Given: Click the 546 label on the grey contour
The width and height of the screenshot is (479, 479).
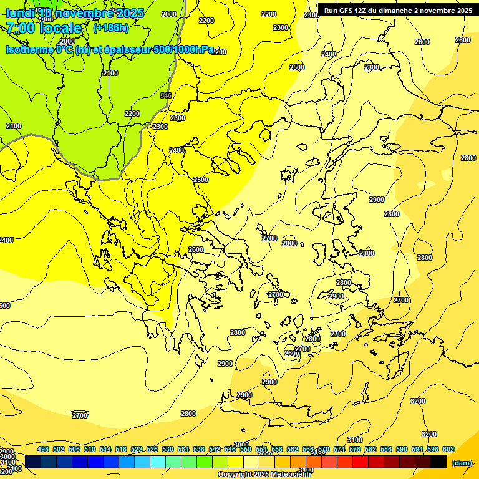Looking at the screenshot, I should [x=166, y=95].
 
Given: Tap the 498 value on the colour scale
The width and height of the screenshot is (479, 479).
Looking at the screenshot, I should [x=43, y=449].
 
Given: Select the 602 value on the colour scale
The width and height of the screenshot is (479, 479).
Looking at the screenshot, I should [x=448, y=449].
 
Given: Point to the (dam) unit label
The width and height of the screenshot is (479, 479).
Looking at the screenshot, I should [x=462, y=463].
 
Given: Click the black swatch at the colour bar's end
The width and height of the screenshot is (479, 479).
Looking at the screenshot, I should [x=438, y=462].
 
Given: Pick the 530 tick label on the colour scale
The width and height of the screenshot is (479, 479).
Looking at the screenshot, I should [x=168, y=449].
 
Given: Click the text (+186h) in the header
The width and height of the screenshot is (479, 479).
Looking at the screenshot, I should [x=110, y=28].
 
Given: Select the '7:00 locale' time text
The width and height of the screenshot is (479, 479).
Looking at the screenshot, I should [x=44, y=28].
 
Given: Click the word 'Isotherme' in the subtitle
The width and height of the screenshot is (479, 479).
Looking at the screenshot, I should [x=28, y=49].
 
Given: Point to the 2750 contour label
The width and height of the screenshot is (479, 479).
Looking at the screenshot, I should [x=79, y=415].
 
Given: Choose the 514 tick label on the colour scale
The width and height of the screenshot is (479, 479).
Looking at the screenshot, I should [x=105, y=449].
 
